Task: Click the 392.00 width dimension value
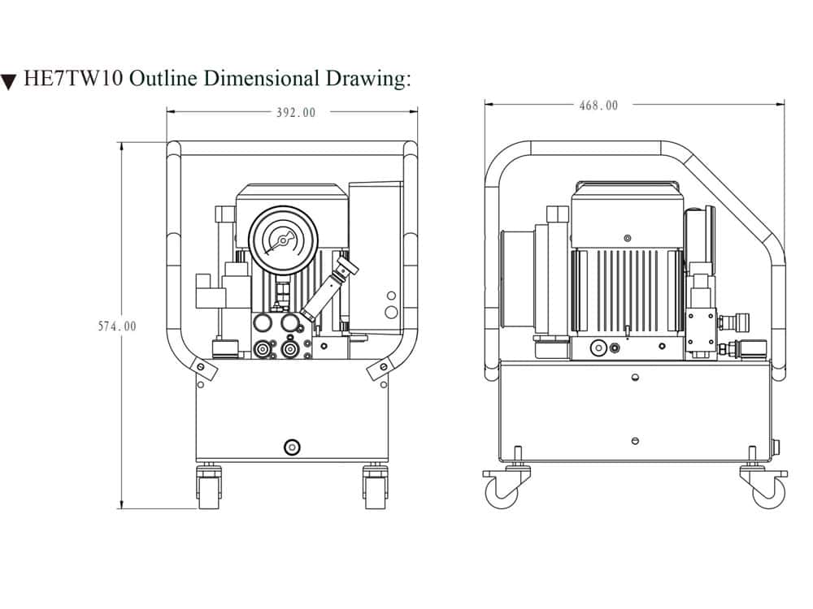pyautogui.click(x=296, y=113)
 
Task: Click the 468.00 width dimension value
pyautogui.click(x=598, y=106)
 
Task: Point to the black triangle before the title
pyautogui.click(x=9, y=81)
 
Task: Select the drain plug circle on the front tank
pyautogui.click(x=291, y=446)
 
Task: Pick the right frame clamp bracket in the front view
pyautogui.click(x=379, y=369)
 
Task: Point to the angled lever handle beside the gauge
pyautogui.click(x=330, y=288)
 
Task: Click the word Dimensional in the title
pyautogui.click(x=260, y=79)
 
